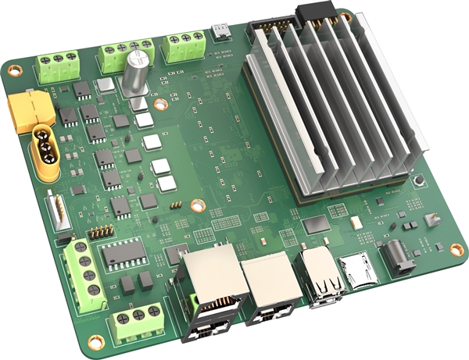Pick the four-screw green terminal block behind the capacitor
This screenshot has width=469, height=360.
point(125,55)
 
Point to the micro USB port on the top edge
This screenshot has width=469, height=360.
point(222,31)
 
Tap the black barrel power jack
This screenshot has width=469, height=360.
point(395,257)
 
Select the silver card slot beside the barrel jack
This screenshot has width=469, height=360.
point(360,269)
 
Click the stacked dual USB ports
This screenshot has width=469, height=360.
point(321,278)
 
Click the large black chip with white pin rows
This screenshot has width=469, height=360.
point(121,253)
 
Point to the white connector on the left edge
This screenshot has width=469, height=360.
point(58,211)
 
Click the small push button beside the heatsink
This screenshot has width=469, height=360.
point(421,181)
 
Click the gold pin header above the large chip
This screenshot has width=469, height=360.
point(99,232)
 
